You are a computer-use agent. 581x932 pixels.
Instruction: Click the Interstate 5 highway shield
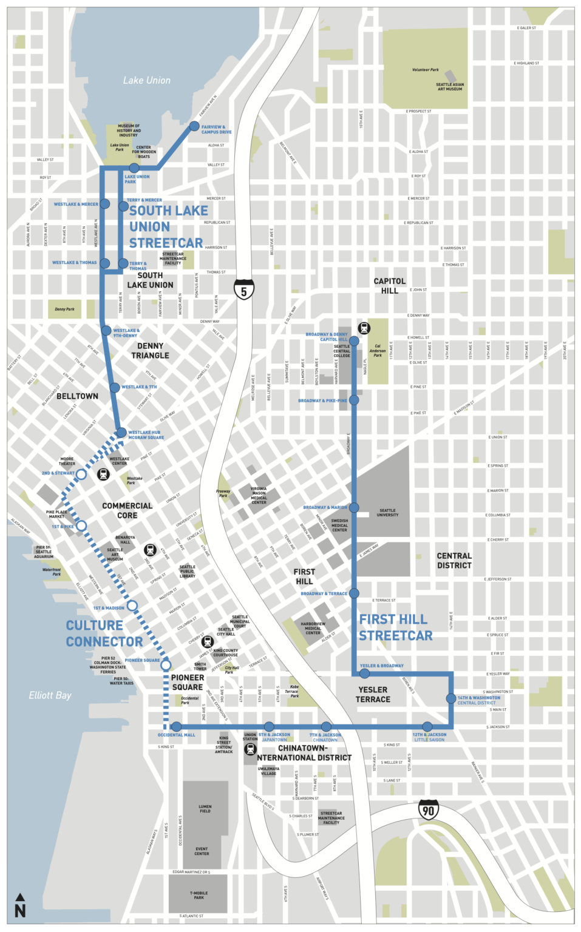243,290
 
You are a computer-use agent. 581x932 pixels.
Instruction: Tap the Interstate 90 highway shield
428,809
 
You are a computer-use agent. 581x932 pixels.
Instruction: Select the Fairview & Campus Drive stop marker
194,126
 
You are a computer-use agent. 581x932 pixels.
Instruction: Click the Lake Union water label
146,80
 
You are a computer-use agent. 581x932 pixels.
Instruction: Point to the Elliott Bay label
50,695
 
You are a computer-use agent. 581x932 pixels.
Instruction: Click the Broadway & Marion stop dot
354,507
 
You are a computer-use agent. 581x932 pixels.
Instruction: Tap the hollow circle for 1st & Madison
132,606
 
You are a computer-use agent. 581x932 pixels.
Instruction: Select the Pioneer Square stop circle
166,665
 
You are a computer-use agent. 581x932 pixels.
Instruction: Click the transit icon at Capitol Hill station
364,328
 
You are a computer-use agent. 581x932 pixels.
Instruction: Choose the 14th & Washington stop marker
451,698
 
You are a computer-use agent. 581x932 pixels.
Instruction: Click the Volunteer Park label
425,70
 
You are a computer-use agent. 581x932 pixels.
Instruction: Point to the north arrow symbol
20,905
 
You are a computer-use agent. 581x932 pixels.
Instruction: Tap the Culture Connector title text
104,633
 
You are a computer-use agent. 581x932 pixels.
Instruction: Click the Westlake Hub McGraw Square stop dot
121,433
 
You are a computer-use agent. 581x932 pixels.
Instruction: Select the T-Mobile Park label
199,895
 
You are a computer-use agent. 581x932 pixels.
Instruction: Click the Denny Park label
64,309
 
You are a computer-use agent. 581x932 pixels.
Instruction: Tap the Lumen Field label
205,809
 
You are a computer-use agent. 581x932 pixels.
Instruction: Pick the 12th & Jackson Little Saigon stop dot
427,726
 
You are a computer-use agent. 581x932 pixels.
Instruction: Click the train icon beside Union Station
250,749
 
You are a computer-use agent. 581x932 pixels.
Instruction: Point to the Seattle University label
387,512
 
